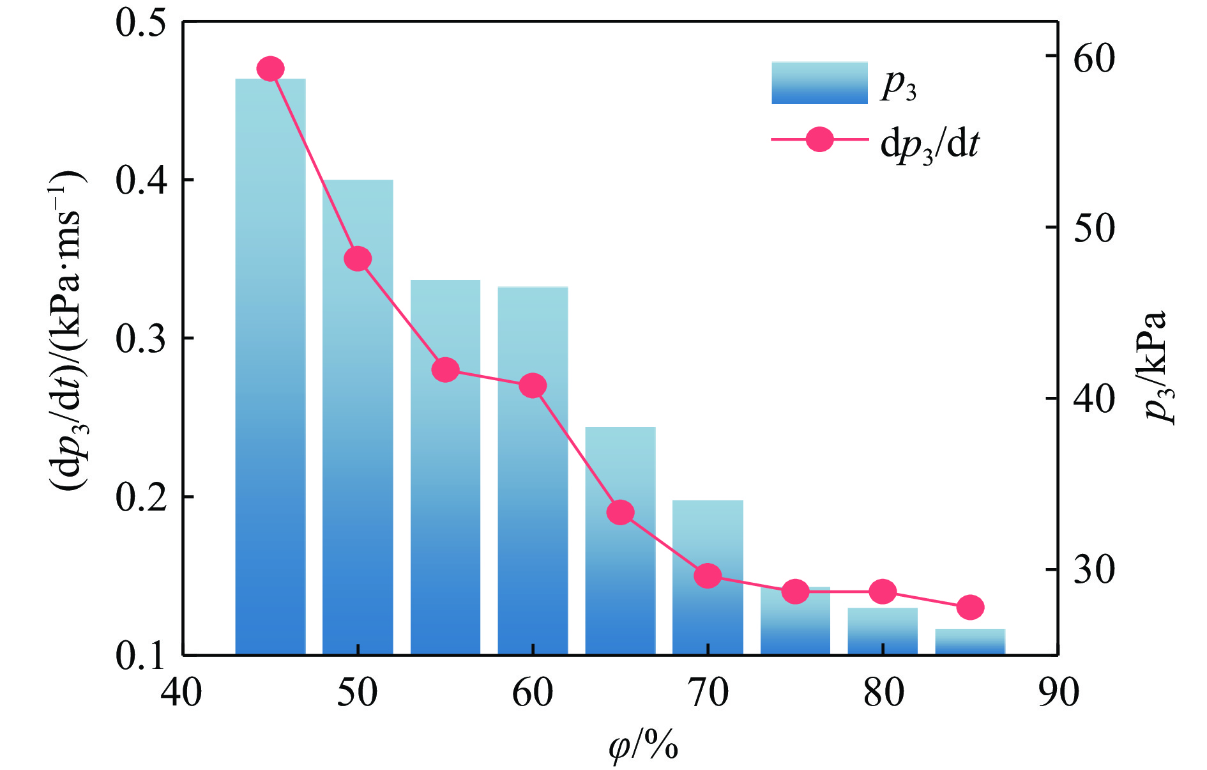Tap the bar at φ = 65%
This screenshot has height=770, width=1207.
click(x=620, y=543)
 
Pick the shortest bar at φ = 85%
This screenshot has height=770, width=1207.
click(x=970, y=642)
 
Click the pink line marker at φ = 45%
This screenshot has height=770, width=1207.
click(x=270, y=68)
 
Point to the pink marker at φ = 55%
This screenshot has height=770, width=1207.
click(x=445, y=370)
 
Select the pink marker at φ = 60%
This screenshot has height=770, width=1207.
click(x=533, y=386)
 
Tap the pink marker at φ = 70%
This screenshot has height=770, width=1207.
click(x=708, y=576)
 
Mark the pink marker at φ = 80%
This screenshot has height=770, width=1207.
click(x=883, y=592)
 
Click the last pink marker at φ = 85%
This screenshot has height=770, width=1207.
click(x=970, y=607)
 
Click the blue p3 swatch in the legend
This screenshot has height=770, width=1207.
click(x=819, y=83)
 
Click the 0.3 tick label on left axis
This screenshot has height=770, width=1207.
click(x=140, y=339)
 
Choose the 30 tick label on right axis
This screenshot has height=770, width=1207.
click(x=1094, y=569)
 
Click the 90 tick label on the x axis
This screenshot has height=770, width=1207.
click(x=1058, y=693)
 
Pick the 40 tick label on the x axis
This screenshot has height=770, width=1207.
click(x=182, y=693)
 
